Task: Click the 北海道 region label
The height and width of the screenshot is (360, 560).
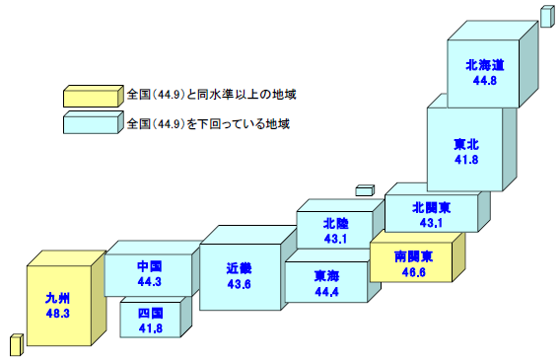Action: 485,65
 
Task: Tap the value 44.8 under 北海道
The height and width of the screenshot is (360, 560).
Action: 485,80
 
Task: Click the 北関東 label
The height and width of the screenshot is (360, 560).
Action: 432,208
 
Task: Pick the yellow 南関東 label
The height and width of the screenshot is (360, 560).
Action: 413,256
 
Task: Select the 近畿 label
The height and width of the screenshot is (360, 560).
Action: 239,267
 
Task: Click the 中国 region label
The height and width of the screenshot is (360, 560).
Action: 149,266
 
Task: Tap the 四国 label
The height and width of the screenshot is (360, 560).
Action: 150,314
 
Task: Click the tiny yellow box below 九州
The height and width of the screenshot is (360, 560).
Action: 16,344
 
